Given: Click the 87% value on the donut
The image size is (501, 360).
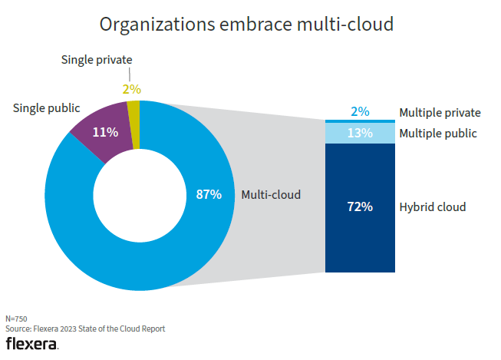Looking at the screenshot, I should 209,195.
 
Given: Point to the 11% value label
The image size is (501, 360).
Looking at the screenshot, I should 105,132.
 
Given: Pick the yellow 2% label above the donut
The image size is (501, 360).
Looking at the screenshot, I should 132,89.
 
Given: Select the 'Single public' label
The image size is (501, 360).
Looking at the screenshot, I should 47,108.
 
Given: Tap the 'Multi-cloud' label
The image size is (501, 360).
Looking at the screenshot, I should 271,195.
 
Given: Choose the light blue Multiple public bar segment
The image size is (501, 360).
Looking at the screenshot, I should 360,134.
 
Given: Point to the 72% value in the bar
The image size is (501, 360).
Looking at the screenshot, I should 360,206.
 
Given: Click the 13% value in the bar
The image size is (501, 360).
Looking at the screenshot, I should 360,134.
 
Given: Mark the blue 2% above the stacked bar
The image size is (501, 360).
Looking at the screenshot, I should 360,112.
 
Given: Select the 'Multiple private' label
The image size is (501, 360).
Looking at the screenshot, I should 440,113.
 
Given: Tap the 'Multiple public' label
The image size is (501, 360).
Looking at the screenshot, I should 438,134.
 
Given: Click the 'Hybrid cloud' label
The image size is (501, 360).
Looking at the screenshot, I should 433,207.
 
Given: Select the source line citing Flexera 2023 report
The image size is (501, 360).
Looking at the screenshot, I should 85,329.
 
